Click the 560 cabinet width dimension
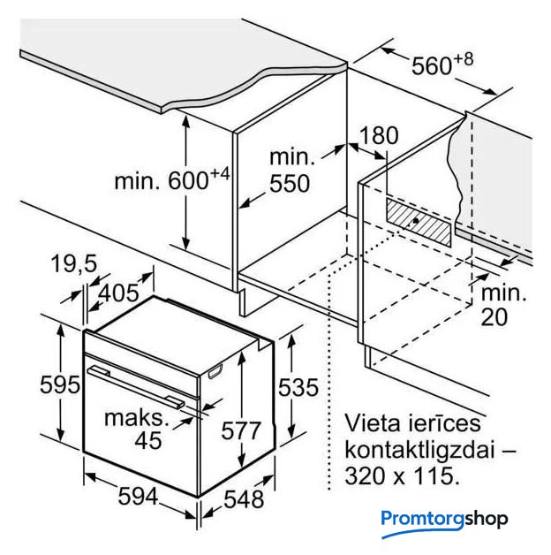click(442, 65)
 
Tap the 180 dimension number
click(379, 135)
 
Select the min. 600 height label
click(172, 179)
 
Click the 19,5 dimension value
click(74, 263)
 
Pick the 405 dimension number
click(118, 293)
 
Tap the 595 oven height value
click(60, 384)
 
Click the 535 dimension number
click(298, 387)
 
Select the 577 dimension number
click(241, 430)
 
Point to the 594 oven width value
click(138, 496)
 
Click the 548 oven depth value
click(244, 499)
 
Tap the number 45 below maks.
click(148, 440)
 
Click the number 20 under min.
click(494, 316)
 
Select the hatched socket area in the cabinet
click(419, 222)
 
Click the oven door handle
click(136, 387)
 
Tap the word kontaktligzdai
click(419, 450)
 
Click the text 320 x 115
click(402, 475)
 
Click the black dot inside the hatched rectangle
click(416, 221)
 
